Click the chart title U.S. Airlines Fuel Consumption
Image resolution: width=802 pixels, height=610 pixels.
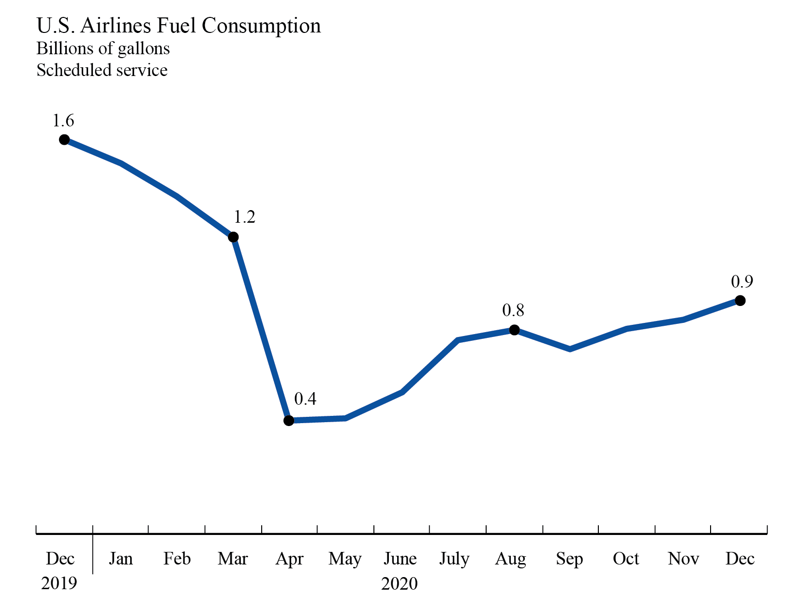click(x=178, y=26)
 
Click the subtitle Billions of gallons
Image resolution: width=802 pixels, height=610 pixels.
click(x=103, y=48)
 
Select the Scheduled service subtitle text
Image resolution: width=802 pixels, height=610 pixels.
click(x=102, y=70)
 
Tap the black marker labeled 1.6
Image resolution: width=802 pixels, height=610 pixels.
click(x=64, y=140)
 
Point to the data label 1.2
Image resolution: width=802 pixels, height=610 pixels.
click(x=244, y=217)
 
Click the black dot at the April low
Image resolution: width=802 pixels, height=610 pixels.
click(x=289, y=421)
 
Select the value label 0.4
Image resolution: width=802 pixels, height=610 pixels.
click(x=305, y=399)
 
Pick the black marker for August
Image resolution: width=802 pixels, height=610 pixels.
click(x=515, y=330)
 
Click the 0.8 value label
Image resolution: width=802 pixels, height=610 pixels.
click(x=513, y=310)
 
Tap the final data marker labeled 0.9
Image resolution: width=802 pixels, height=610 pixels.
click(x=740, y=301)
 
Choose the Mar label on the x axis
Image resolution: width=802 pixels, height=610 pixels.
click(x=233, y=559)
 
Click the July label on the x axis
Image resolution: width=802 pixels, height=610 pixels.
click(x=454, y=559)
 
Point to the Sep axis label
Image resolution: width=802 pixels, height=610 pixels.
click(x=569, y=559)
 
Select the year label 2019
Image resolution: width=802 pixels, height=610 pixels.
click(x=59, y=584)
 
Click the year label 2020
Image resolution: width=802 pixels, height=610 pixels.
click(x=399, y=584)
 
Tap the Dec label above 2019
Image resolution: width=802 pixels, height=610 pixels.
click(x=60, y=559)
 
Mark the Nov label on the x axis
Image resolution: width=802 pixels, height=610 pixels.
click(x=683, y=559)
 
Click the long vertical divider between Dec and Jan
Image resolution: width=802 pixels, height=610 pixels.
click(x=92, y=552)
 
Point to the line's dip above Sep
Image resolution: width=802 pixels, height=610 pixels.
click(x=570, y=349)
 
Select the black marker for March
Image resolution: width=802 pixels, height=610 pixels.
click(x=233, y=237)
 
